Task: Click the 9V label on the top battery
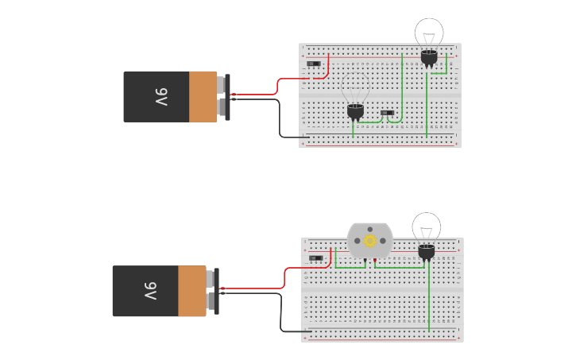(x=161, y=97)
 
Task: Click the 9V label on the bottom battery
(x=150, y=292)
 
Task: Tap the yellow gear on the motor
(x=369, y=240)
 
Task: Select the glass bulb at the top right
(x=429, y=33)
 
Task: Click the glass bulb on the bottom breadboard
(x=426, y=227)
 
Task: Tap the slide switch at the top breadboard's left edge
(x=314, y=64)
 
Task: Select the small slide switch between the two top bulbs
(x=387, y=113)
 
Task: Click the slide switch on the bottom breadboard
(x=315, y=257)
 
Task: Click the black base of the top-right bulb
(x=429, y=57)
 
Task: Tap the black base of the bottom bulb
(x=427, y=252)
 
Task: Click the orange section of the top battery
(x=203, y=97)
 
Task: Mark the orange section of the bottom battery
(x=191, y=292)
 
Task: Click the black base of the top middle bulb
(x=355, y=110)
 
